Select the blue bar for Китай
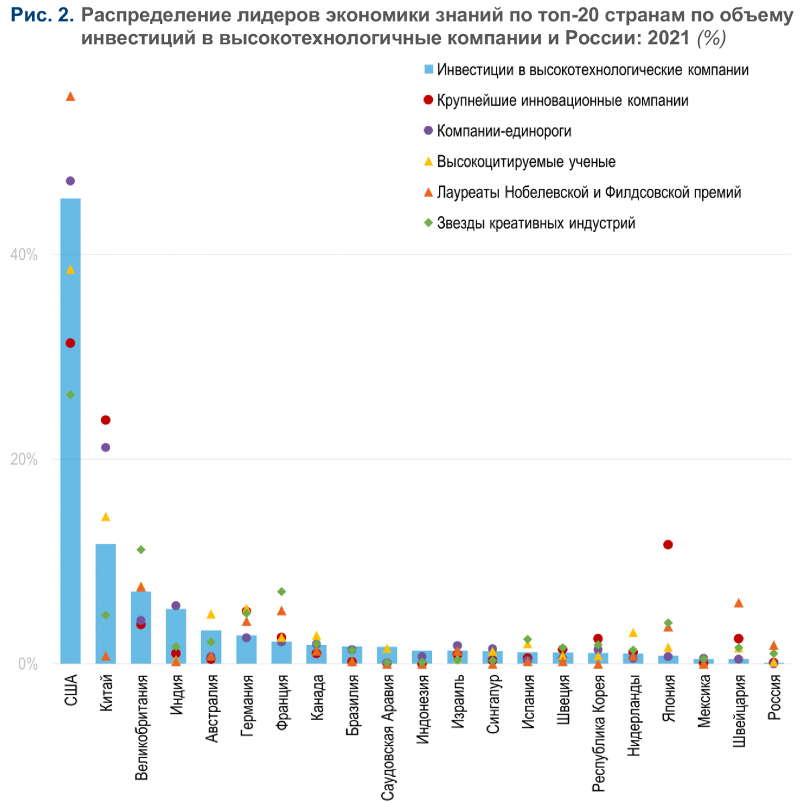pos(105,603)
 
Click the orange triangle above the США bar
pos(70,97)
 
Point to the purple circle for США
pos(70,181)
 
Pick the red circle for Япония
pos(668,544)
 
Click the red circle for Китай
pos(105,420)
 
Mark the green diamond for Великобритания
pos(141,550)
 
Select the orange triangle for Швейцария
pos(738,603)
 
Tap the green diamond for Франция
pos(281,591)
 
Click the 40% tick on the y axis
pos(24,254)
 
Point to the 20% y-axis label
pos(24,459)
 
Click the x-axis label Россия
pos(774,697)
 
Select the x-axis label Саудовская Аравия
pos(387,737)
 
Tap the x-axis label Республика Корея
pos(598,733)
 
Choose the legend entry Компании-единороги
pos(504,131)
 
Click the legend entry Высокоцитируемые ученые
pos(526,161)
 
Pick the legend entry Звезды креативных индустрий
pos(536,223)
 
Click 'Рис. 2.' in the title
pos(42,15)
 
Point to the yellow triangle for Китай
pos(105,517)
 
